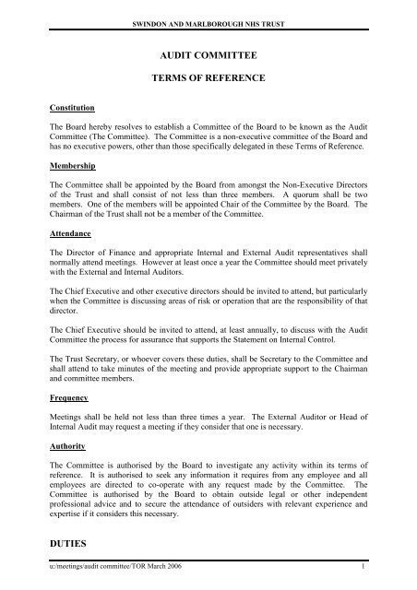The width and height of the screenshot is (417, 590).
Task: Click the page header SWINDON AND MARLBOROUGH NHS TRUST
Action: (208, 8)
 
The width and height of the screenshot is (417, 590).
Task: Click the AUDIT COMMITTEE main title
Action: (208, 56)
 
